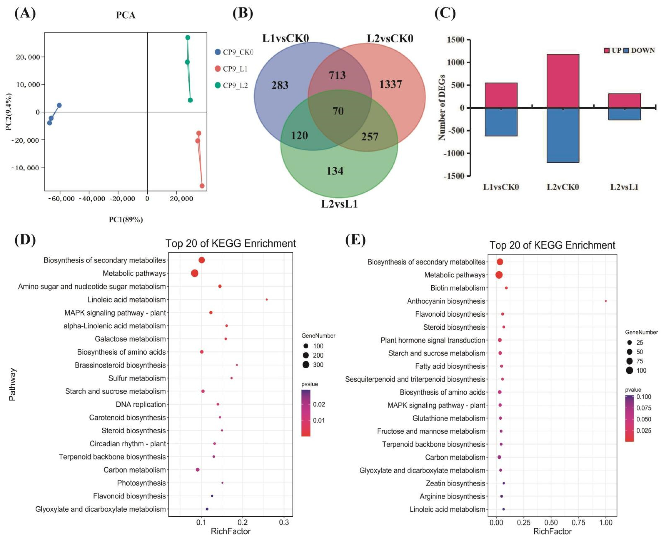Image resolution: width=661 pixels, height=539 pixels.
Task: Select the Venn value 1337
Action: pos(390,84)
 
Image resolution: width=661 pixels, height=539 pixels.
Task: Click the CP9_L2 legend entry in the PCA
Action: pos(235,85)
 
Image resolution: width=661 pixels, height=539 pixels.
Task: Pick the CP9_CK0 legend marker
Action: pos(218,52)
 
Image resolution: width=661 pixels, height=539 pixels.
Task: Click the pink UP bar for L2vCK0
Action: pos(563,81)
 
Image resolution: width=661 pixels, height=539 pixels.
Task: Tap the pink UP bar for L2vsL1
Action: pos(624,101)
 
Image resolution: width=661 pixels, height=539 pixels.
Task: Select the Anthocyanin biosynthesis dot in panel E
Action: pos(605,301)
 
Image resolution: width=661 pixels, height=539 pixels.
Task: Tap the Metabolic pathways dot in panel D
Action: pos(195,273)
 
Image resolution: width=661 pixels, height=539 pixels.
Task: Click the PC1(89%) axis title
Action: pos(126,220)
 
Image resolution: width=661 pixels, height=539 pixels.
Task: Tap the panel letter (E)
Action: pos(355,240)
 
